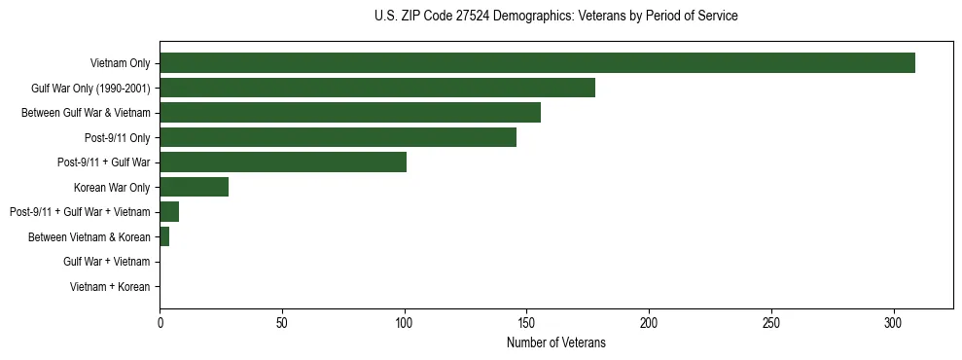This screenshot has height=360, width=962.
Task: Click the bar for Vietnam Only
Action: (x=537, y=63)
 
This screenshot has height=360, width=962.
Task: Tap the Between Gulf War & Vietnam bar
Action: (x=350, y=113)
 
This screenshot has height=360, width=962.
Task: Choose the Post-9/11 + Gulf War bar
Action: (x=283, y=162)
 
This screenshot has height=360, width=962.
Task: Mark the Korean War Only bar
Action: (x=194, y=187)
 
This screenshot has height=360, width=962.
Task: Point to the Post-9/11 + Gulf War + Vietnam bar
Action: (x=169, y=212)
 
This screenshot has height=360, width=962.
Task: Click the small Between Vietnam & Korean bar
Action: (x=164, y=236)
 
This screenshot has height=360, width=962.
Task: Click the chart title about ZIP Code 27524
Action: (x=555, y=17)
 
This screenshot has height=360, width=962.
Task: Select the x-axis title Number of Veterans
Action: (x=555, y=342)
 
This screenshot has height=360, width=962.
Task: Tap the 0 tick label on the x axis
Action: (x=160, y=322)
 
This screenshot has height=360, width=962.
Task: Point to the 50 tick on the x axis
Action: (x=282, y=322)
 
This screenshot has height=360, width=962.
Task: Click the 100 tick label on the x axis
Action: (x=405, y=322)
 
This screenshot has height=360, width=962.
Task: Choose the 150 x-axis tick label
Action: (x=526, y=322)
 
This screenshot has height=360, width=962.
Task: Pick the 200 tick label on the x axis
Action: (x=649, y=322)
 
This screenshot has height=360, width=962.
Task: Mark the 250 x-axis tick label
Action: (x=771, y=322)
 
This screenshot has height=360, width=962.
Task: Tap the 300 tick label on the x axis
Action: (x=894, y=322)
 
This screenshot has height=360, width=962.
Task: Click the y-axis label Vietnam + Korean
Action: (x=110, y=287)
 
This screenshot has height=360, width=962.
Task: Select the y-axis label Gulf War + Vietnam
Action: (x=106, y=262)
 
